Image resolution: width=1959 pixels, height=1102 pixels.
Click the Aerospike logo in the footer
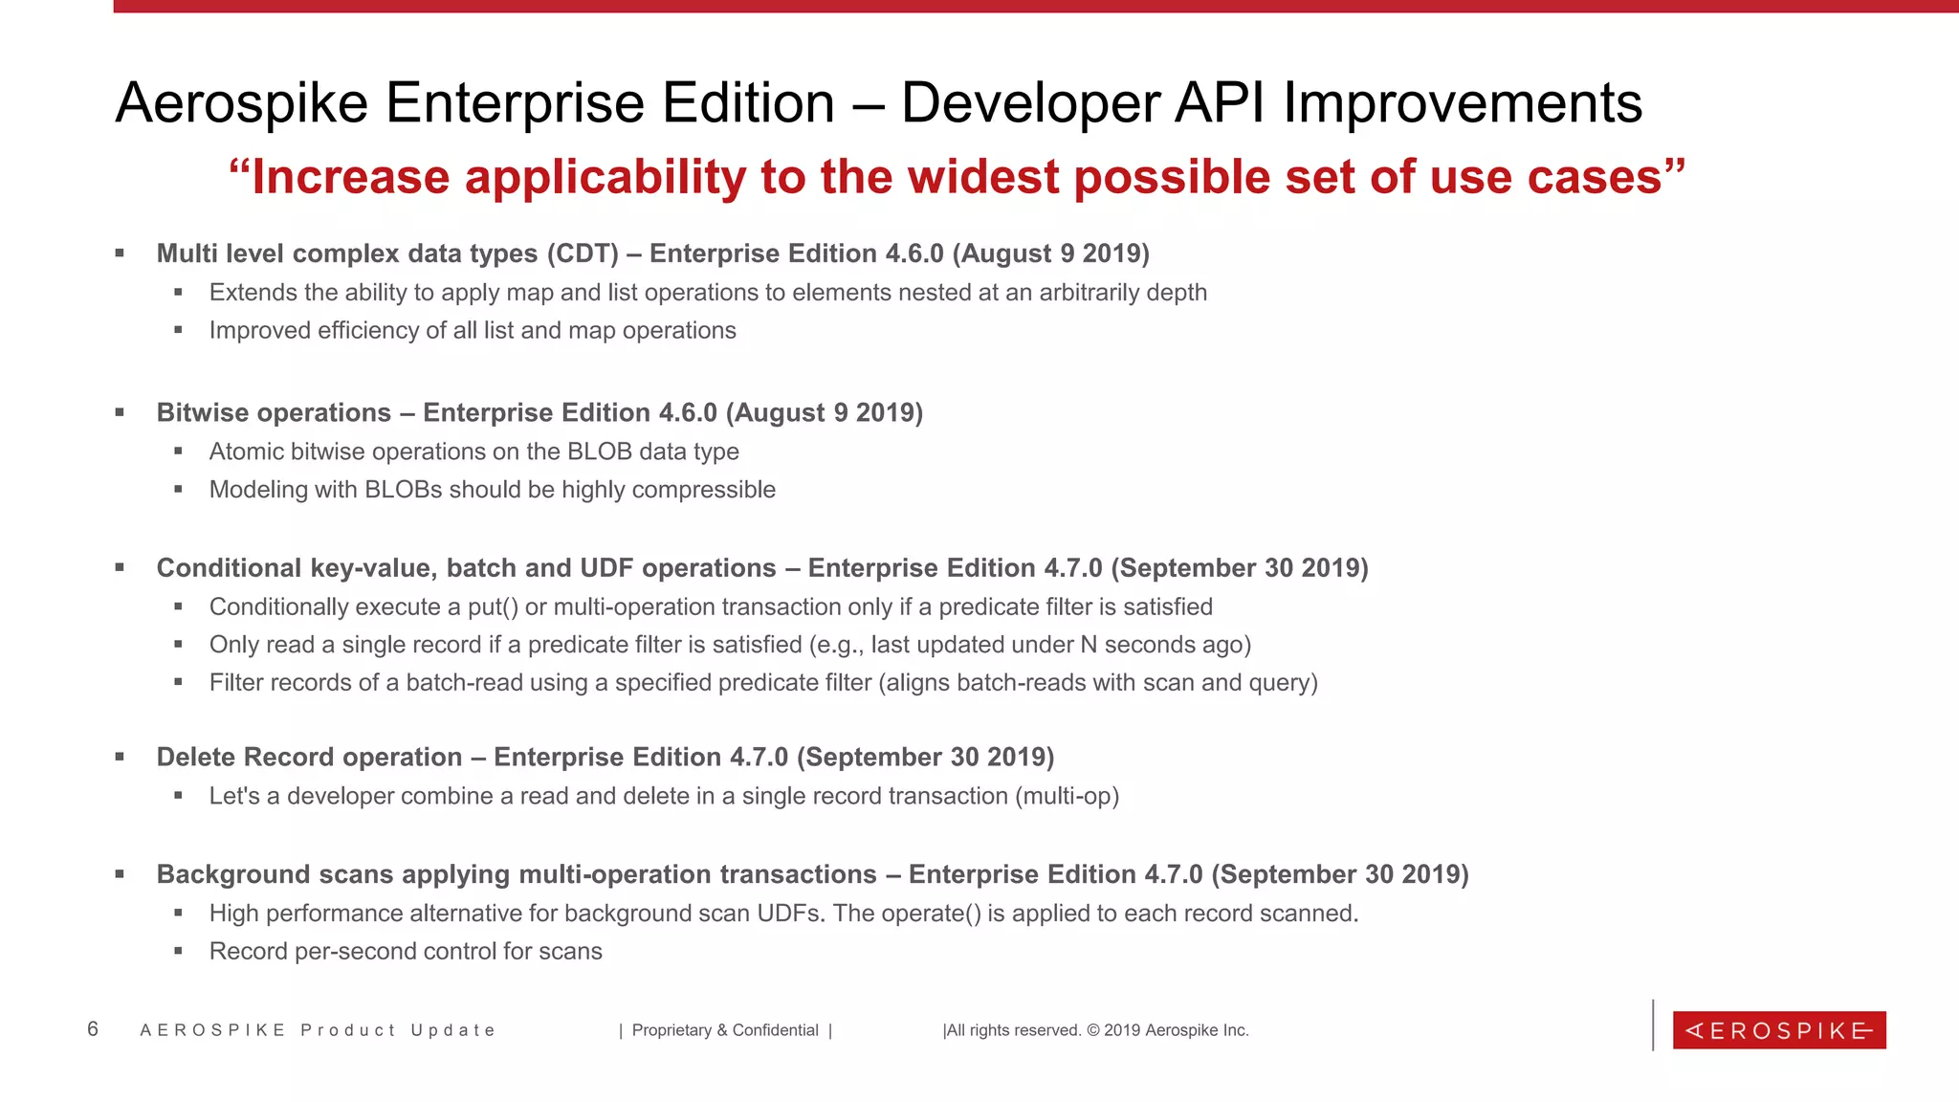point(1778,1030)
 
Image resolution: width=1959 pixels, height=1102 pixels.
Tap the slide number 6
point(93,1029)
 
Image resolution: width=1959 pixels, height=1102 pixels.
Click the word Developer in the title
point(1030,103)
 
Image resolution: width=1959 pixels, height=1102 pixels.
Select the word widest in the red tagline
point(969,177)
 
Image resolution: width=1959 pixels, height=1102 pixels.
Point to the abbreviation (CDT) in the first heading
point(583,253)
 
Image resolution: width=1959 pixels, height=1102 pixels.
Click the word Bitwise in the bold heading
point(206,413)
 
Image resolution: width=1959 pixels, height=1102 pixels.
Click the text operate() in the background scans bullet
point(931,914)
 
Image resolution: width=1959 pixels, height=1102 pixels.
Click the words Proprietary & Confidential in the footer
point(725,1030)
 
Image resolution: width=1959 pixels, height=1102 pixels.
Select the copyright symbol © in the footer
point(1093,1030)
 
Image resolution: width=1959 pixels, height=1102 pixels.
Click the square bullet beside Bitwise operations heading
point(121,413)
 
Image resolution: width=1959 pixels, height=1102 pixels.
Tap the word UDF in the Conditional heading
point(607,568)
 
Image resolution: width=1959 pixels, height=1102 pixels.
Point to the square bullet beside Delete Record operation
point(121,758)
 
